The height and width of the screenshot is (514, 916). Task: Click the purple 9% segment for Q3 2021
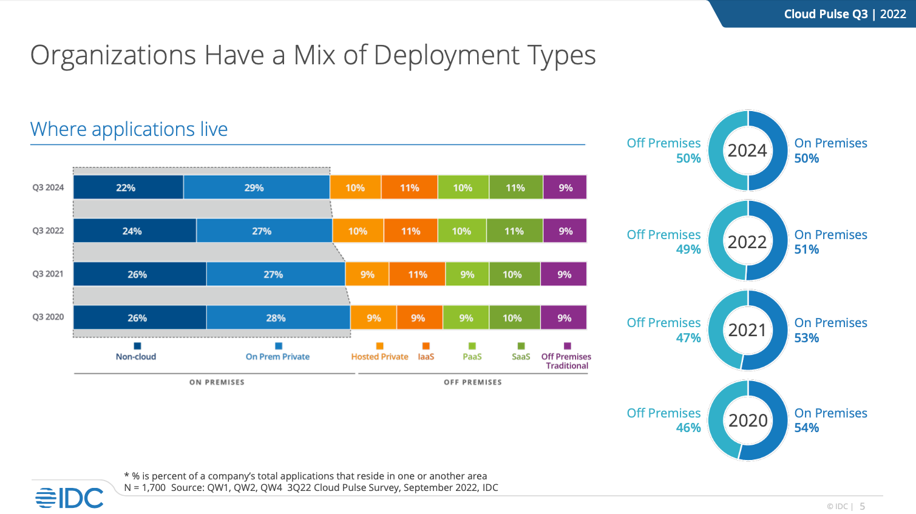point(564,274)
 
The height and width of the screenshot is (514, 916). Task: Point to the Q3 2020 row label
point(48,317)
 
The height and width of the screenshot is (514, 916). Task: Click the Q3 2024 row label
point(48,188)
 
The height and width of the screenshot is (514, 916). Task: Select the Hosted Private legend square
point(380,346)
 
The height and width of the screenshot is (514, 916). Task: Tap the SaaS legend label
point(521,357)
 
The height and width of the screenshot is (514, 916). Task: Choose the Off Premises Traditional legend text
point(566,361)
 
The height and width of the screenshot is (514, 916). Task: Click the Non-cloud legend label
point(136,357)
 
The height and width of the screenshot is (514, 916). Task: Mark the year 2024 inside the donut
point(747,150)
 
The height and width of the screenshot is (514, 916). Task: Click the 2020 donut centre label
point(748,421)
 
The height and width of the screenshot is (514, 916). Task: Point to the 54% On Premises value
point(807,428)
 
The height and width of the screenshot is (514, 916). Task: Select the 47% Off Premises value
point(688,338)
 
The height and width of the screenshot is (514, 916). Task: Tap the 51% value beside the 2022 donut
point(807,249)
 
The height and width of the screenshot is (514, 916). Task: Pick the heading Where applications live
point(129,129)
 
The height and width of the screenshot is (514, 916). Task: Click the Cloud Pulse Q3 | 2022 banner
point(844,14)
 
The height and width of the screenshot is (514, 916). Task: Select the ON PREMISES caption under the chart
point(217,382)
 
